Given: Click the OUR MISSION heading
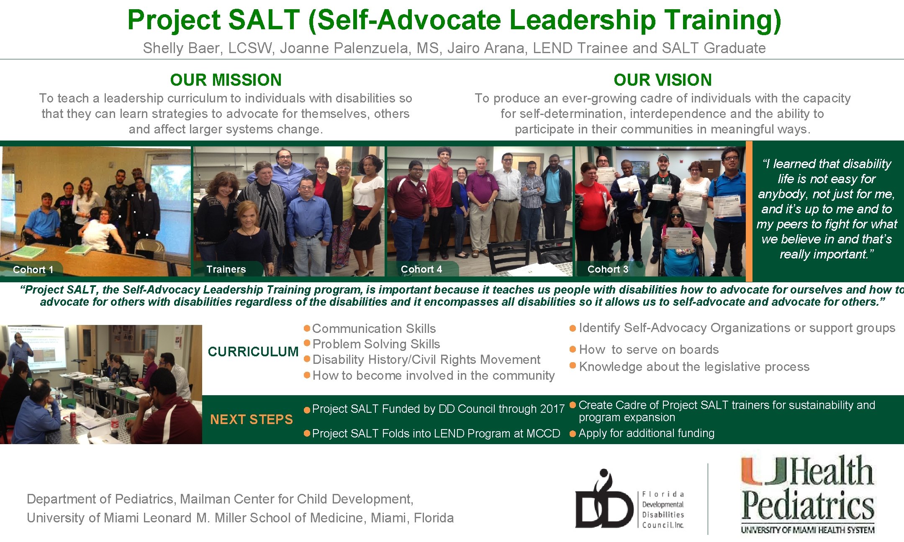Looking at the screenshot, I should pyautogui.click(x=226, y=80).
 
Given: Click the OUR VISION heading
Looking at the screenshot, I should pyautogui.click(x=663, y=80).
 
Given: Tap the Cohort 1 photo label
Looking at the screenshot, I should pyautogui.click(x=33, y=270).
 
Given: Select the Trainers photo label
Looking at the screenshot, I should pyautogui.click(x=226, y=269).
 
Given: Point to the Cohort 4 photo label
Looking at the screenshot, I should pyautogui.click(x=421, y=269).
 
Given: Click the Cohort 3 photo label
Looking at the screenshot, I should pyautogui.click(x=608, y=269).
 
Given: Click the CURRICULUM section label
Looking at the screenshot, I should pyautogui.click(x=253, y=352).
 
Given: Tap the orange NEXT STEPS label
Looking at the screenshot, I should pyautogui.click(x=252, y=419).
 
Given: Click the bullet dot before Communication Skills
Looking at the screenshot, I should pyautogui.click(x=307, y=328).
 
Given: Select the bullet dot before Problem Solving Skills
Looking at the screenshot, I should pyautogui.click(x=307, y=343).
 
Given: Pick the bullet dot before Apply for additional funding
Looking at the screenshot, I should pyautogui.click(x=573, y=434).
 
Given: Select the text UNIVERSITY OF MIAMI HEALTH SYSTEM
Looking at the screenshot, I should pyautogui.click(x=808, y=530).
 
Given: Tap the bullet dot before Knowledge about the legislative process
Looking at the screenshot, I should pyautogui.click(x=573, y=366).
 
